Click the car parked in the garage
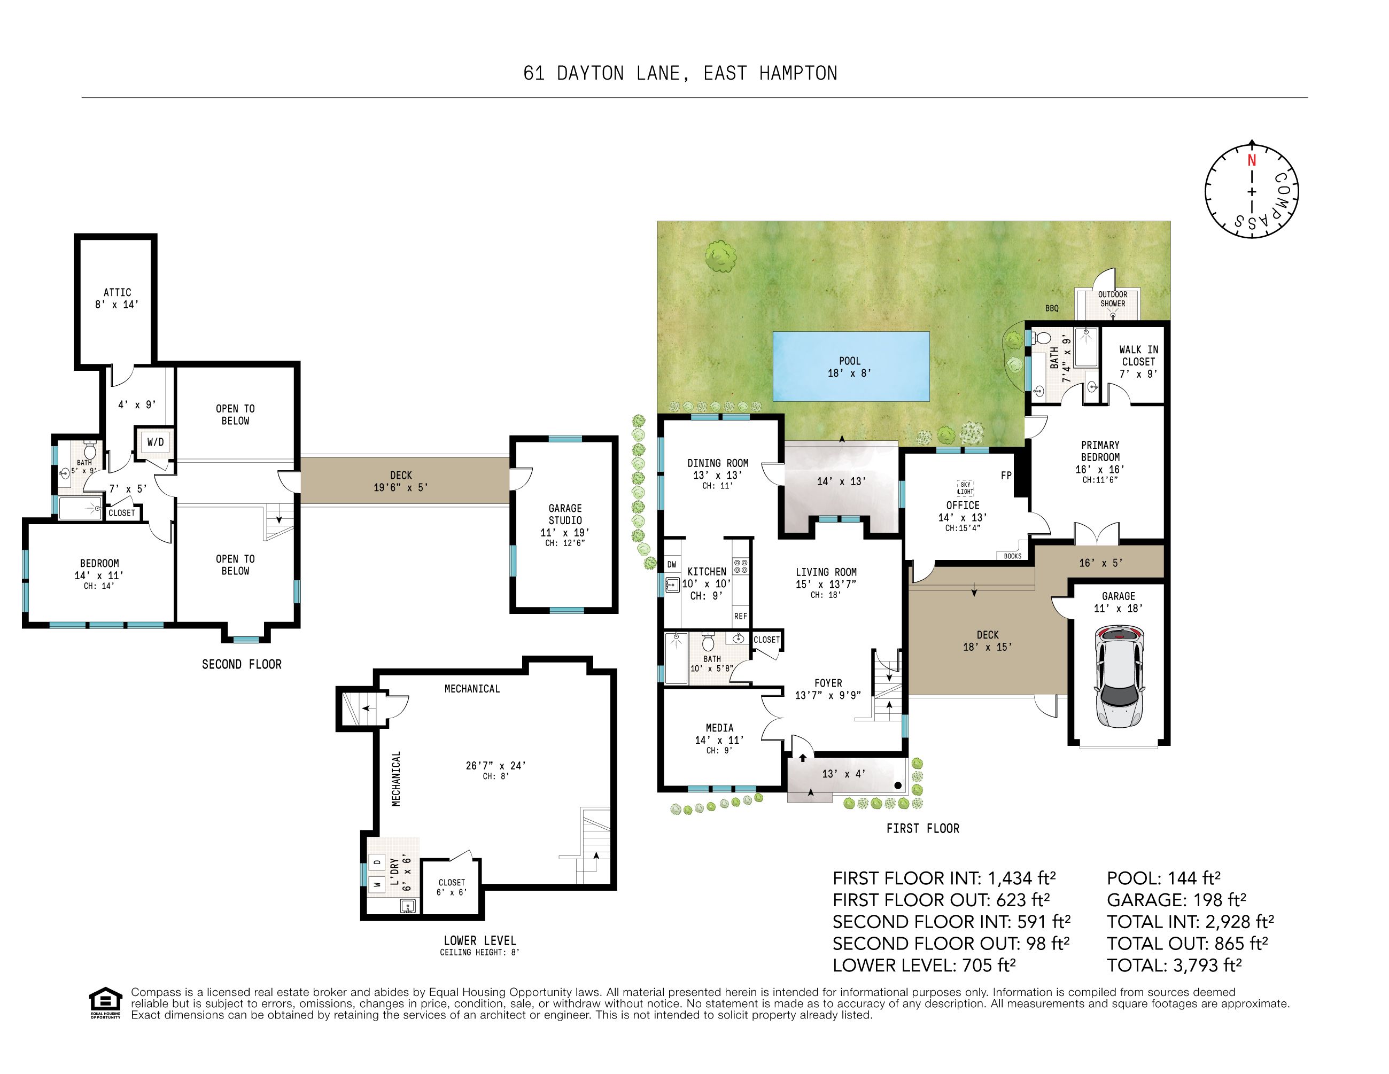pos(1119,676)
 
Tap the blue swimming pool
pos(851,366)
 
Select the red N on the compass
pos(1252,160)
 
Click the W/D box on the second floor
pos(155,442)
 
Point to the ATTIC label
pos(118,292)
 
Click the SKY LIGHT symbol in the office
pos(965,488)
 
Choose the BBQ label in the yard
pos(1052,308)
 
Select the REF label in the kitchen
pos(740,616)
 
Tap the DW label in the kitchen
pos(672,565)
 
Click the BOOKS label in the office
pos(1013,556)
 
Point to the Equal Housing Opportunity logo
pos(105,1003)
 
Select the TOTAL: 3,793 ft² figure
pos(1174,966)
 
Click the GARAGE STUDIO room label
pos(565,514)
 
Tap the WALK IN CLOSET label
pos(1138,355)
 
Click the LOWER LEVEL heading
pos(480,940)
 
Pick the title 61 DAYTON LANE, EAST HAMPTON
pos(680,74)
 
